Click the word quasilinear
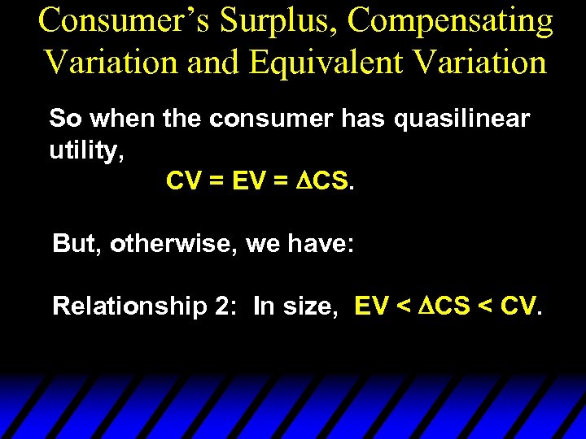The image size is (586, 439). tap(461, 119)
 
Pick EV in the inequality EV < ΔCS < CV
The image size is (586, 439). tap(372, 306)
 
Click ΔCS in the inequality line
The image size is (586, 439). tap(445, 306)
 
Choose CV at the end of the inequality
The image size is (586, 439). tap(518, 306)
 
